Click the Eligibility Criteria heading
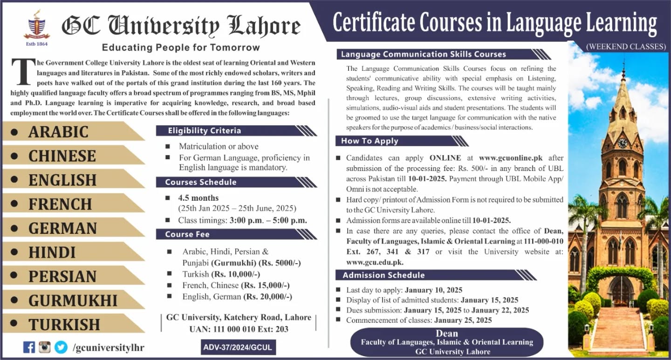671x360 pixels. (x=205, y=130)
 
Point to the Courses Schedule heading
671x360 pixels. (x=201, y=182)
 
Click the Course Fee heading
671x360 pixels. (x=187, y=234)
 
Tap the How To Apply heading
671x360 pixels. (x=370, y=141)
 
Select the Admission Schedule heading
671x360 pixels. (x=383, y=275)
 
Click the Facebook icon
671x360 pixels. (x=29, y=347)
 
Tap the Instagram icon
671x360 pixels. (x=45, y=347)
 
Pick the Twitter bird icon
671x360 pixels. (x=61, y=347)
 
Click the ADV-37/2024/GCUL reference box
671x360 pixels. (x=237, y=347)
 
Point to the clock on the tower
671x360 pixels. (x=623, y=143)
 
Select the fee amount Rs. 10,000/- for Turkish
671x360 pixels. (x=235, y=274)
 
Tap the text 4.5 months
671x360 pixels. (x=198, y=198)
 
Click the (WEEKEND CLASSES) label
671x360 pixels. (x=626, y=47)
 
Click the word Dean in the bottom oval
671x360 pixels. (x=446, y=333)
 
